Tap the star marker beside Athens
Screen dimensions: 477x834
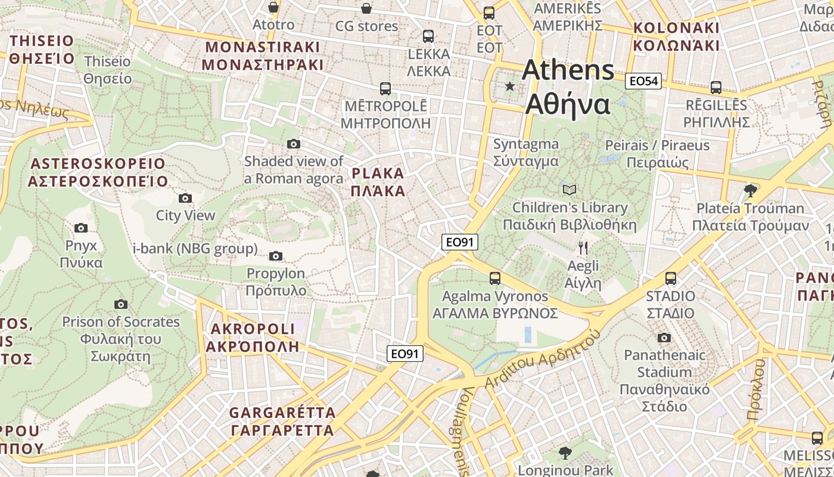coord(510,86)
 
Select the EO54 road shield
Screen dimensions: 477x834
coord(643,81)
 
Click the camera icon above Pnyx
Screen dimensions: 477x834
coord(81,228)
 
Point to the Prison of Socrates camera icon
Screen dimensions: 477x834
coord(121,304)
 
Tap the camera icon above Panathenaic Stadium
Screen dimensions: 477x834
coord(664,338)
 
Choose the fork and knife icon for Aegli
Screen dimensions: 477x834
coord(583,248)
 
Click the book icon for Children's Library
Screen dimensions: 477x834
coord(570,190)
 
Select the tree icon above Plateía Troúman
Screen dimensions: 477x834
coord(751,191)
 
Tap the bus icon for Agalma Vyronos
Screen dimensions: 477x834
coord(494,278)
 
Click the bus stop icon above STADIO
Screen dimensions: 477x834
coord(671,278)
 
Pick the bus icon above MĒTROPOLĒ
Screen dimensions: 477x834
coord(385,89)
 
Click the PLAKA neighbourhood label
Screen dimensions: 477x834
coord(378,182)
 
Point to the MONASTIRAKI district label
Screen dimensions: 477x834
coord(263,56)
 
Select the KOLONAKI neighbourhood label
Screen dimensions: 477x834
coord(676,36)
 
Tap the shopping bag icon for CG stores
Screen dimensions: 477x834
coord(366,8)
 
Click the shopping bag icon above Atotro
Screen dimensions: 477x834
coord(273,7)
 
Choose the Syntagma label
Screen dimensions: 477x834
coord(526,153)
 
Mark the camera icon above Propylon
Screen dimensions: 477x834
coord(275,256)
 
